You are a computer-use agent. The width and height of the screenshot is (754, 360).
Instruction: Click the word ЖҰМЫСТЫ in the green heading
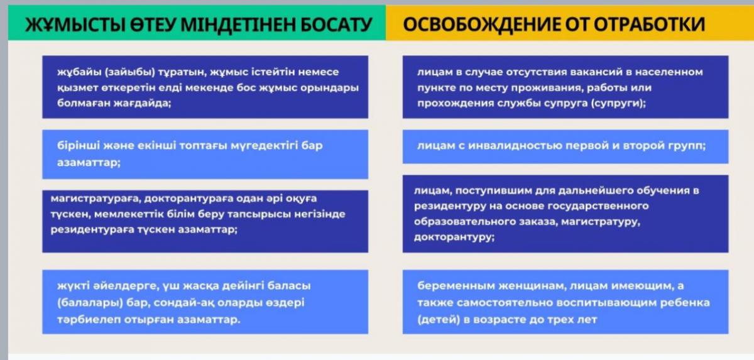pyautogui.click(x=75, y=25)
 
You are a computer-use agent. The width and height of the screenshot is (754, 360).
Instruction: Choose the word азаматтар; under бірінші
pyautogui.click(x=89, y=163)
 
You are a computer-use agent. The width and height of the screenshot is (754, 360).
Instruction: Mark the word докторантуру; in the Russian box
pyautogui.click(x=454, y=237)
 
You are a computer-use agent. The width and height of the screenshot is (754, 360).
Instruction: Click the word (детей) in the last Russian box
pyautogui.click(x=439, y=320)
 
